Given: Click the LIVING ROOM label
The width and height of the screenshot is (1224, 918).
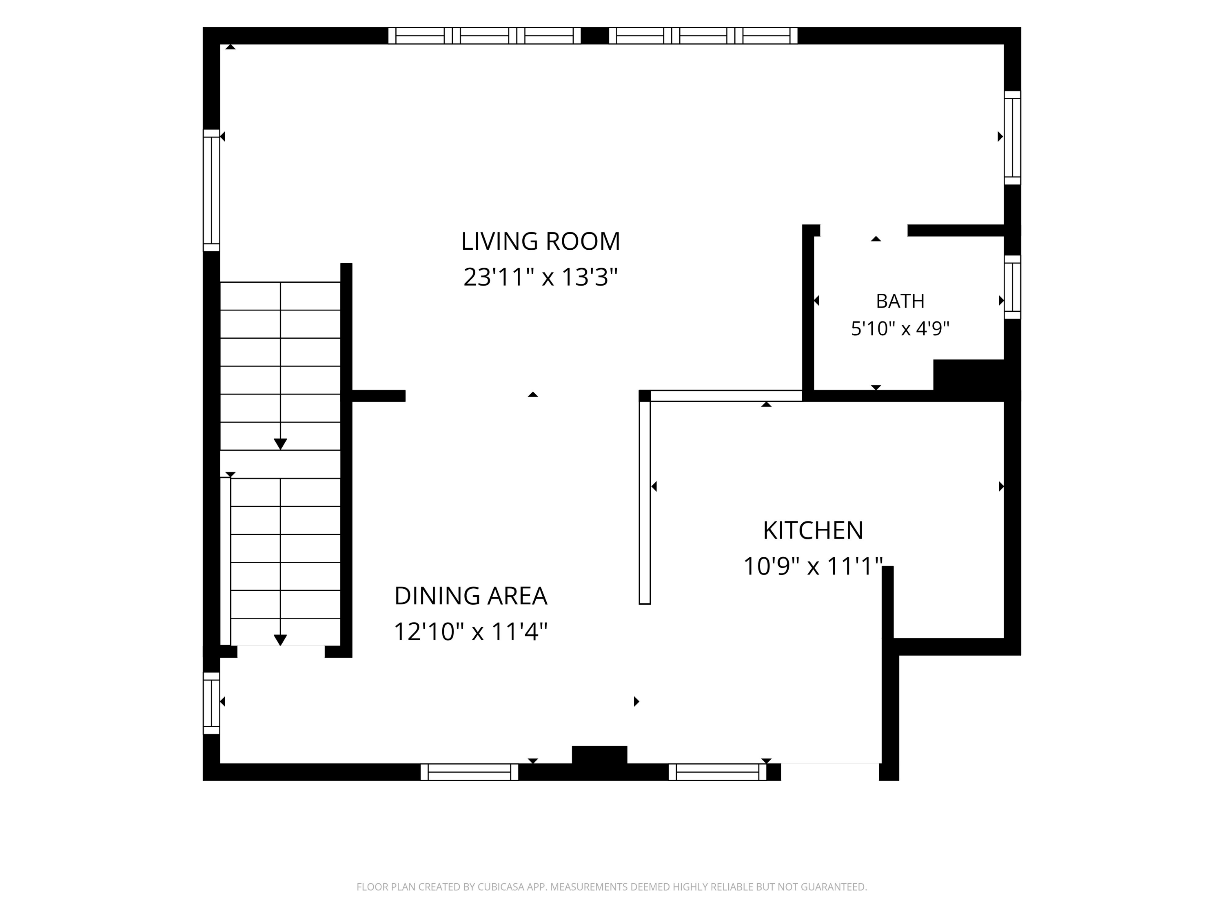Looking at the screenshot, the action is click(541, 241).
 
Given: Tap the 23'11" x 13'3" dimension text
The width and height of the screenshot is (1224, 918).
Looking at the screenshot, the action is click(541, 277).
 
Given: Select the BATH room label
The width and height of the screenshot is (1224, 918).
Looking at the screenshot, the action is click(900, 301).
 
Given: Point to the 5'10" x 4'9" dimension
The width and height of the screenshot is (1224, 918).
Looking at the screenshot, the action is click(900, 329).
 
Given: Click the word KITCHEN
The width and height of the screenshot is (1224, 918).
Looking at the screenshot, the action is click(813, 531).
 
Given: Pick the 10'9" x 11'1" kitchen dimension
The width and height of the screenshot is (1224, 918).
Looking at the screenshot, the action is click(813, 566).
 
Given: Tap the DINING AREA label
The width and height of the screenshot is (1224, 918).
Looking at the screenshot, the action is click(471, 596).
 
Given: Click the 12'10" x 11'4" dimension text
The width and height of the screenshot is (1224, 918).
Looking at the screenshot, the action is click(471, 631).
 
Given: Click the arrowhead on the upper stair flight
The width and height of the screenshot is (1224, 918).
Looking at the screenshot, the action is click(281, 444).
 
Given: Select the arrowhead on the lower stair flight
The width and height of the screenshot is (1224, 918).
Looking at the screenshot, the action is click(281, 640).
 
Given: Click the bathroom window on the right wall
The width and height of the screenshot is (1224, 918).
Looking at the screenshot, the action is click(1012, 287).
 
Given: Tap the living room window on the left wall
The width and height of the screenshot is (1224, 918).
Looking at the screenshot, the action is click(211, 191).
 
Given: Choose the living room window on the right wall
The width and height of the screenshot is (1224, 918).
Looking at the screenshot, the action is click(1012, 138).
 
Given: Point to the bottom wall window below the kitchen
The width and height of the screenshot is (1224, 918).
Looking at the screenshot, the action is click(718, 772).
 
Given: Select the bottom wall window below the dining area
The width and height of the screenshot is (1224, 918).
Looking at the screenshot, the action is click(469, 772).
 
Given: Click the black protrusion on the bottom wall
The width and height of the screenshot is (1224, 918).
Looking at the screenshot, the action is click(599, 755).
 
